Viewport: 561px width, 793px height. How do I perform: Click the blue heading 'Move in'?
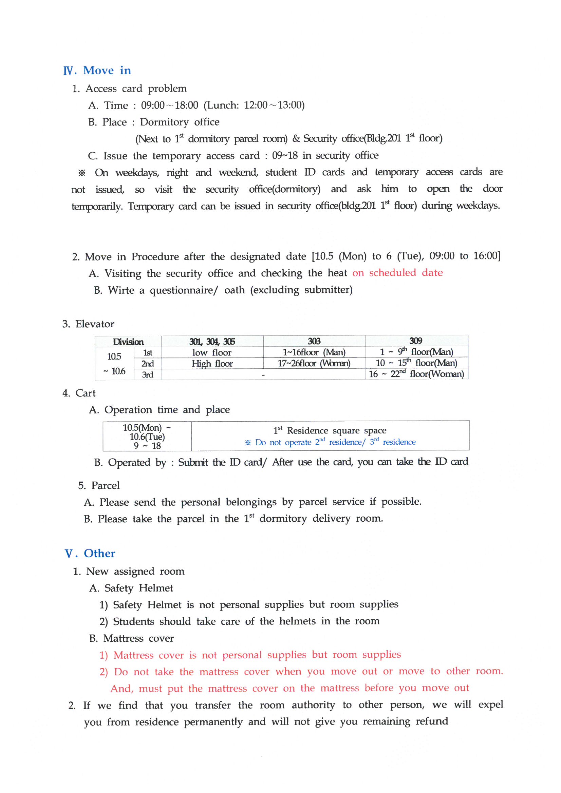coord(107,71)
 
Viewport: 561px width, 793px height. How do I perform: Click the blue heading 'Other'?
coord(99,553)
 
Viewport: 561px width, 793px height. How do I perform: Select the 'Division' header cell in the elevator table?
coord(128,342)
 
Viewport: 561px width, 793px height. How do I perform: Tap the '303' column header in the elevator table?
coord(314,341)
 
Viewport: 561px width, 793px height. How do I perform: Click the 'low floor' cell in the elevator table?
coord(212,352)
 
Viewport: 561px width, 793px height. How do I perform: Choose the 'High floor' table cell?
coord(212,363)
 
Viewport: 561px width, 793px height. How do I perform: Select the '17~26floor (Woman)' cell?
coord(314,363)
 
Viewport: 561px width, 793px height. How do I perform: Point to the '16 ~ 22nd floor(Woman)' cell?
coord(416,374)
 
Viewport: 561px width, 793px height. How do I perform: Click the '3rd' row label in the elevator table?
coord(148,375)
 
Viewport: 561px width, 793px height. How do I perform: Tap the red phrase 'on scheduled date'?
coord(397,273)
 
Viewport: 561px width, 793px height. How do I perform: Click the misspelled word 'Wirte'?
coord(121,290)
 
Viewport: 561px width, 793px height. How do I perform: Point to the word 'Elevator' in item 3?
coord(95,324)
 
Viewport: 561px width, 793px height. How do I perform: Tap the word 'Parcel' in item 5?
coord(106,486)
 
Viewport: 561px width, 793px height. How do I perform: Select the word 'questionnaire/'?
coord(184,290)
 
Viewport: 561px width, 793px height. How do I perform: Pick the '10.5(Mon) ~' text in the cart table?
coord(147,428)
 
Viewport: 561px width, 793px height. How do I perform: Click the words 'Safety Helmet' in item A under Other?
coord(138,588)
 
